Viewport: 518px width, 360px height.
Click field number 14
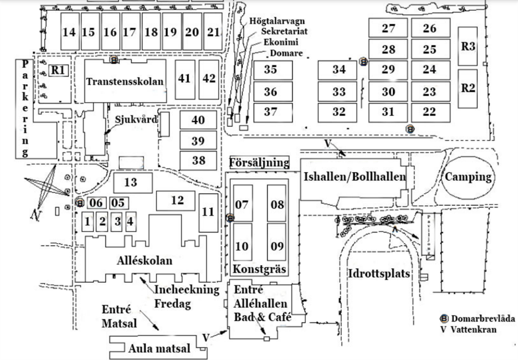click(69, 32)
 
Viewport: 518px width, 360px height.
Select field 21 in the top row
click(214, 32)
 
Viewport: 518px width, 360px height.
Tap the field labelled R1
click(58, 70)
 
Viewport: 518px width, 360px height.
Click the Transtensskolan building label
click(125, 81)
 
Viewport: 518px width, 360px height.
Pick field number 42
click(209, 79)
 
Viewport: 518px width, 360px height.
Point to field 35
click(271, 70)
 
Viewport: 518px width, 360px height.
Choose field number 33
click(338, 92)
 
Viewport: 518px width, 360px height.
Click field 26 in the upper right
click(430, 29)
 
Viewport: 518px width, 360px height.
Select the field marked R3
click(468, 46)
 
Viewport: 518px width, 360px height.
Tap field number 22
click(430, 112)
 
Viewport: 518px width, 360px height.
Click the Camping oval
click(468, 176)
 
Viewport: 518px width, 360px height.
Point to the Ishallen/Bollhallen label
click(355, 176)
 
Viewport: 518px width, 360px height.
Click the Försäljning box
click(259, 162)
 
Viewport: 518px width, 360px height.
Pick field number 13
click(131, 181)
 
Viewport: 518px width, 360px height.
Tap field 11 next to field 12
click(208, 212)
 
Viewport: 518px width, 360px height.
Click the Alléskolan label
click(145, 261)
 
